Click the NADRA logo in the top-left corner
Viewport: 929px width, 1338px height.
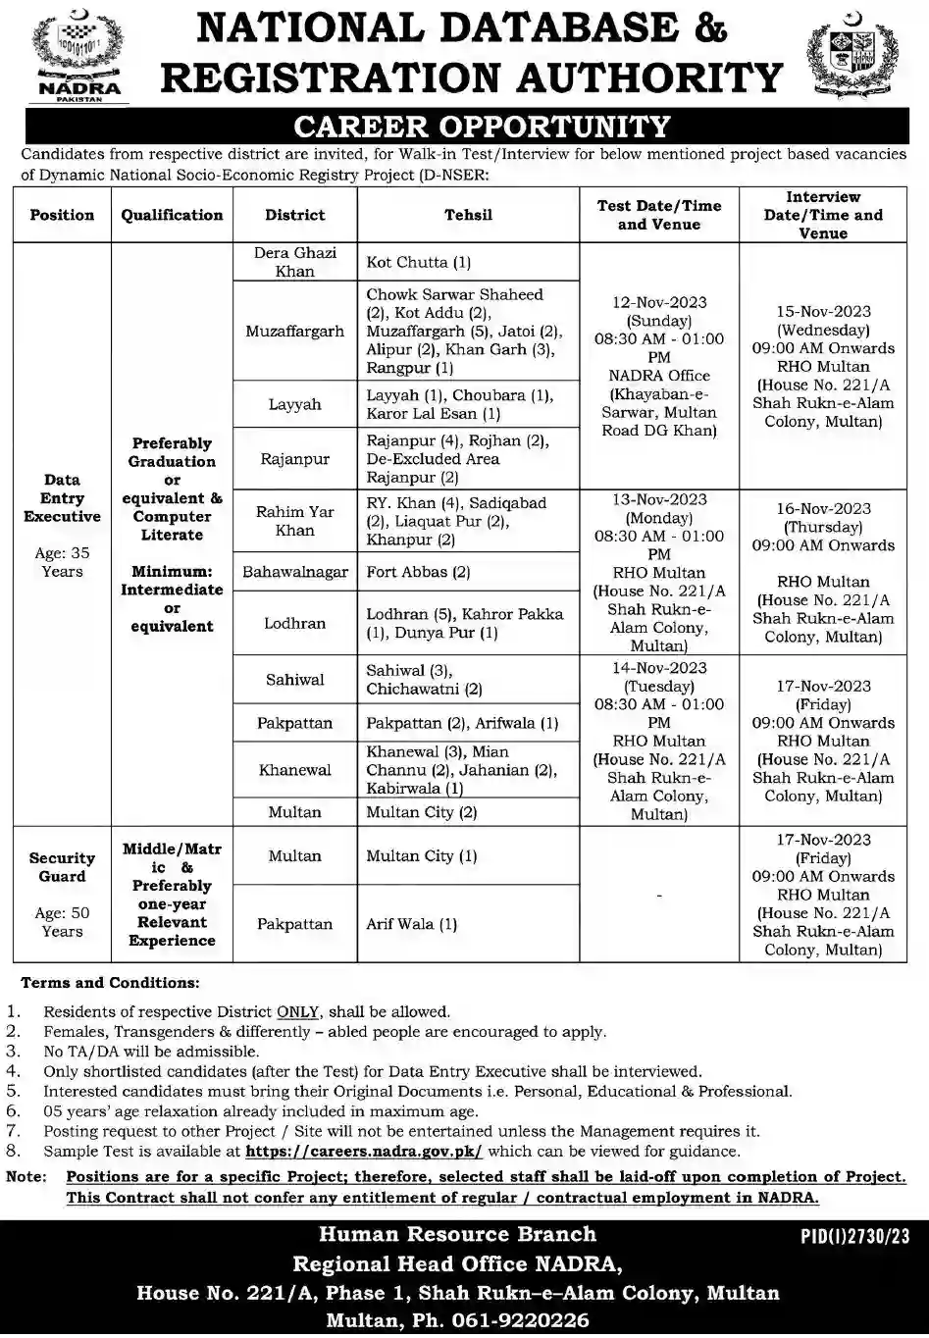pos(77,55)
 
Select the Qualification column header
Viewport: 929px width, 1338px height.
pos(172,215)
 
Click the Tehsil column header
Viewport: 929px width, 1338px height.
pos(468,215)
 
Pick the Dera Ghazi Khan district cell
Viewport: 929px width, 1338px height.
pos(294,262)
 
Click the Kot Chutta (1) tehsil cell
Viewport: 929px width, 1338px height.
pos(419,263)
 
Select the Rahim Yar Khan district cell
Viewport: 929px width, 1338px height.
pos(294,521)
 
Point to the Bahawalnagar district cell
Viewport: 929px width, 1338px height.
pos(294,572)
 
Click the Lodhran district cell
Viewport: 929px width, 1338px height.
pos(294,623)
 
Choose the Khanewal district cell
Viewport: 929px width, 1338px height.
pos(294,770)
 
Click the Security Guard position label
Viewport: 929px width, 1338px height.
pos(62,867)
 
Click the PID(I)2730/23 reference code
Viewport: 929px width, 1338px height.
pos(849,1238)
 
